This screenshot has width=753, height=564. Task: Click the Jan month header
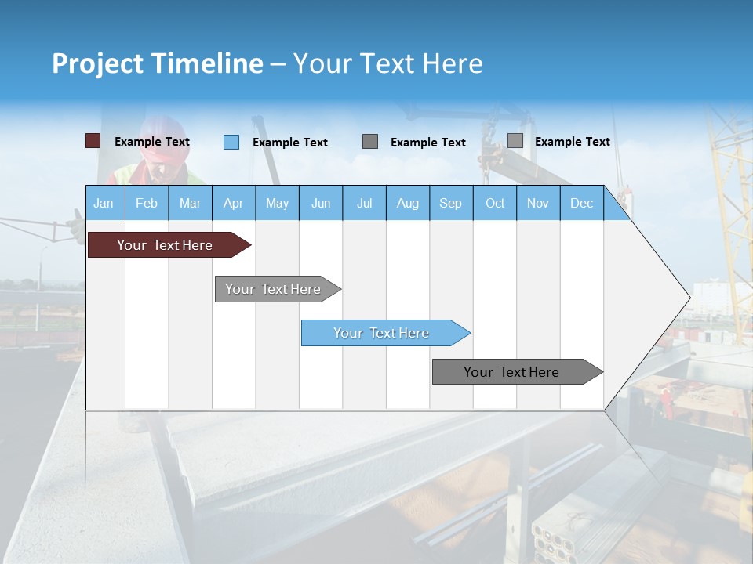click(104, 204)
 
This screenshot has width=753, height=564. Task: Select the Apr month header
click(234, 204)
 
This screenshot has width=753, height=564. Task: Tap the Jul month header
click(364, 204)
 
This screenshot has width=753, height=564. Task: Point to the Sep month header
click(450, 204)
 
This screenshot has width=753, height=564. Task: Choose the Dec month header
click(581, 204)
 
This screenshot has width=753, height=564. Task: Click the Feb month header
click(147, 204)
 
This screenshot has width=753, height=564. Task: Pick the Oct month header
click(495, 204)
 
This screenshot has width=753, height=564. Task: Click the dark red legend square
click(93, 141)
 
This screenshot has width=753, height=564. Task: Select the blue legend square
click(231, 142)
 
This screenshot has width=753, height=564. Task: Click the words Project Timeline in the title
click(157, 63)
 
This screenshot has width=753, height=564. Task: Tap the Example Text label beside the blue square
click(290, 143)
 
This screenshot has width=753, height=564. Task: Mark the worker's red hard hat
click(166, 139)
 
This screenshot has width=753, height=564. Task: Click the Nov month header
click(538, 204)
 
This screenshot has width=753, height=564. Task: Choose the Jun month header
click(321, 204)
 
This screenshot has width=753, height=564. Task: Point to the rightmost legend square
click(515, 141)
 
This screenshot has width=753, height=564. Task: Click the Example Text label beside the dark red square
click(152, 142)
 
